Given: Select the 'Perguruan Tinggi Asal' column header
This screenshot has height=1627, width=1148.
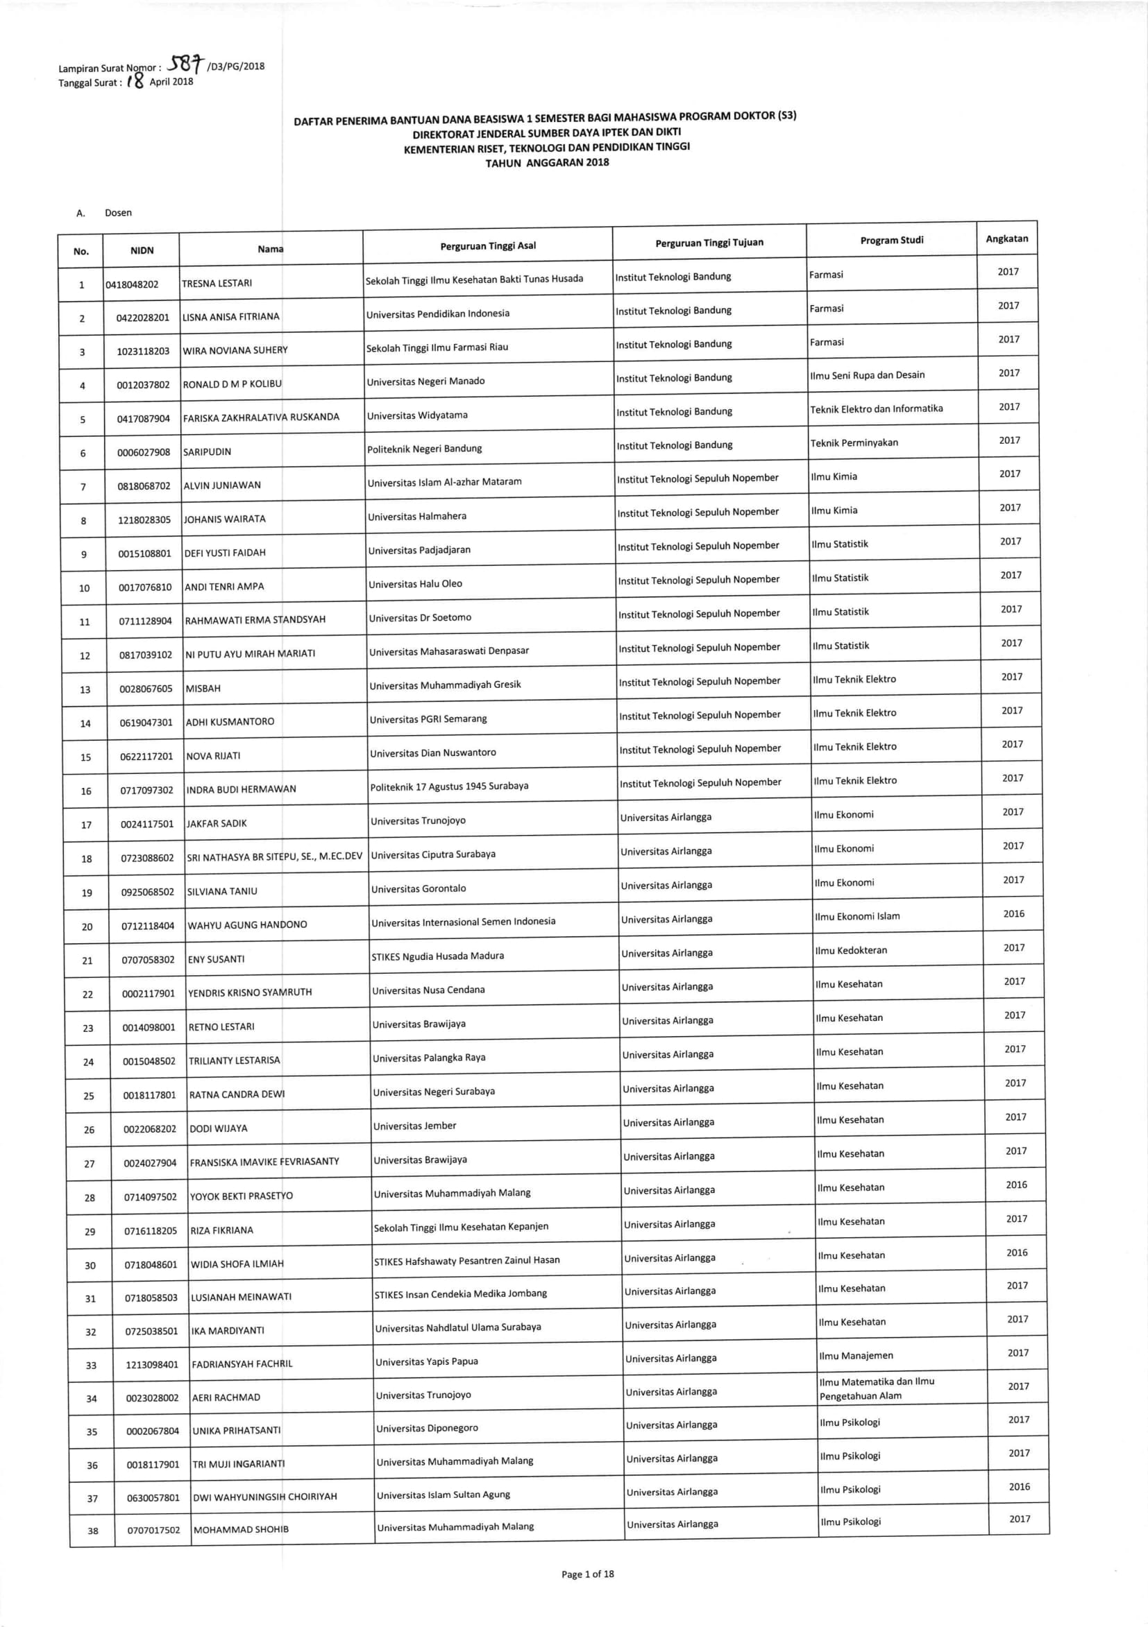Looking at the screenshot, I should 488,246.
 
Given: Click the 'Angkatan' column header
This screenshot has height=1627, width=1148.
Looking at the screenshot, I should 1006,239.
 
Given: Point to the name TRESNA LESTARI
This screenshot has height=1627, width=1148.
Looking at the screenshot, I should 217,284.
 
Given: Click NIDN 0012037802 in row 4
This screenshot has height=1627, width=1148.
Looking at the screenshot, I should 143,385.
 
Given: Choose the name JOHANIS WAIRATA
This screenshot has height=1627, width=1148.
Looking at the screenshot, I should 225,519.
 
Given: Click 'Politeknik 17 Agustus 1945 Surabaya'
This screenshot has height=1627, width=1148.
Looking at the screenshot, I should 449,786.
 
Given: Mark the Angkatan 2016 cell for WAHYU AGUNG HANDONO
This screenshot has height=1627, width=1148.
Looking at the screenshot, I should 1013,913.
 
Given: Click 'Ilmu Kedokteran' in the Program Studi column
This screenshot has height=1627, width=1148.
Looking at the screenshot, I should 851,950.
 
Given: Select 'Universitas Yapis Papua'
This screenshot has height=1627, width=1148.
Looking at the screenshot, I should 426,1361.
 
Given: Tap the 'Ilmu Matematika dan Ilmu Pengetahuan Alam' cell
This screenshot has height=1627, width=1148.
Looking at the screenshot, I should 877,1388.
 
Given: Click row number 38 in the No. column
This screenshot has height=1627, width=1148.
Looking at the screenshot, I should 93,1531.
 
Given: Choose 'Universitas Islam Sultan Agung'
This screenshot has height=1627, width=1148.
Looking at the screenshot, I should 444,1495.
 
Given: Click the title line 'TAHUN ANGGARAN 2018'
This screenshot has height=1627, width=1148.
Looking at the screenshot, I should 547,162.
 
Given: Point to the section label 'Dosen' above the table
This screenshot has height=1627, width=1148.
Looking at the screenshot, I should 118,213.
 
